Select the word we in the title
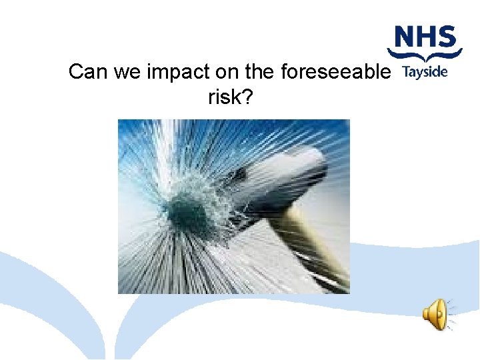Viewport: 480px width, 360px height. coord(129,72)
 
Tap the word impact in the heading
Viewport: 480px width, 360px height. coord(177,72)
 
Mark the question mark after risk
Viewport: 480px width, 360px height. coord(248,97)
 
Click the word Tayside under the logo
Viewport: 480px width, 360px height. coord(425,73)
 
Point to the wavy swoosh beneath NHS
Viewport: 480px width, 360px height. coord(425,56)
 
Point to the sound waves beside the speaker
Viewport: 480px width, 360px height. coord(451,314)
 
